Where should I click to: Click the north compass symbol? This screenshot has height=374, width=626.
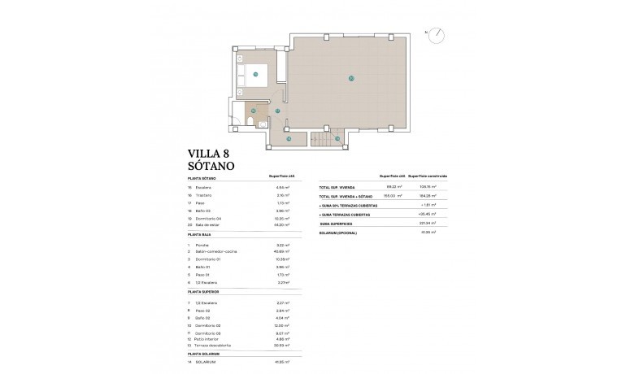pyautogui.click(x=437, y=34)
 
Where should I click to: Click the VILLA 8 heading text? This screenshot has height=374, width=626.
pyautogui.click(x=215, y=152)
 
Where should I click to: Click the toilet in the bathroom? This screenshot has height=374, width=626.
pyautogui.click(x=253, y=123)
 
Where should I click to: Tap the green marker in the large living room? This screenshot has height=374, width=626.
pyautogui.click(x=350, y=79)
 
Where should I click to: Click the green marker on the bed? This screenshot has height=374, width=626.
pyautogui.click(x=255, y=74)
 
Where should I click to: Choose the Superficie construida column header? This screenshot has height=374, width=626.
pyautogui.click(x=428, y=176)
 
